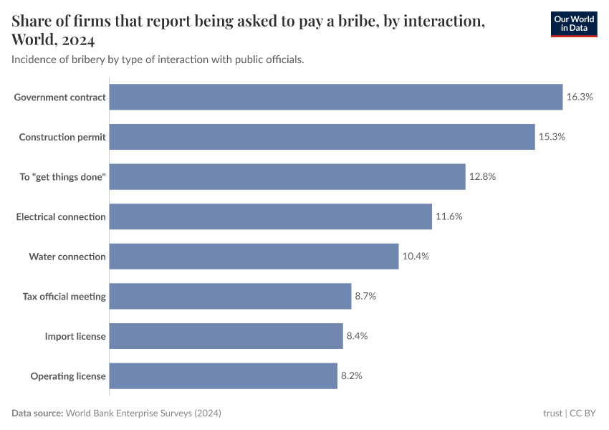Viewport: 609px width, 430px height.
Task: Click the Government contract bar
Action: pos(335,97)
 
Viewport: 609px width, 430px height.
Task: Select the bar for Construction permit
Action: pos(322,137)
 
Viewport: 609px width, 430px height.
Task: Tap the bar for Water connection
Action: pos(254,257)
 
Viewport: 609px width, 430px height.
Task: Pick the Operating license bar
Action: pos(223,376)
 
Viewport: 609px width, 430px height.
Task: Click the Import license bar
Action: pos(226,336)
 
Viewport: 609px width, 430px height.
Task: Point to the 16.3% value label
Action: pos(580,97)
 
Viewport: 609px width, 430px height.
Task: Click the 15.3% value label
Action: pos(552,137)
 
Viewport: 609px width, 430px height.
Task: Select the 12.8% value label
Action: pos(482,176)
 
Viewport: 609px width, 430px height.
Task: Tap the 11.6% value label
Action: pos(449,216)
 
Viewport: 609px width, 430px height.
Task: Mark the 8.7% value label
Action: pos(365,296)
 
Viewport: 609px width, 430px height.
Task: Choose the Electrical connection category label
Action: pos(61,216)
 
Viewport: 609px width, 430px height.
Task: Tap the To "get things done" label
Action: pos(62,177)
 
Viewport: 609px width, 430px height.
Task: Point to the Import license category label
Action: pos(75,336)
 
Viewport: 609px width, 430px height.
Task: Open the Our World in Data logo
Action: pos(573,24)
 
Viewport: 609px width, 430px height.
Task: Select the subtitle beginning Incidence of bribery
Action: pos(158,59)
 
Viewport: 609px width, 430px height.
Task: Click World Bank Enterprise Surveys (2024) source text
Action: pos(143,414)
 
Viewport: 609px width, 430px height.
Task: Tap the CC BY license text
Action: pos(583,414)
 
